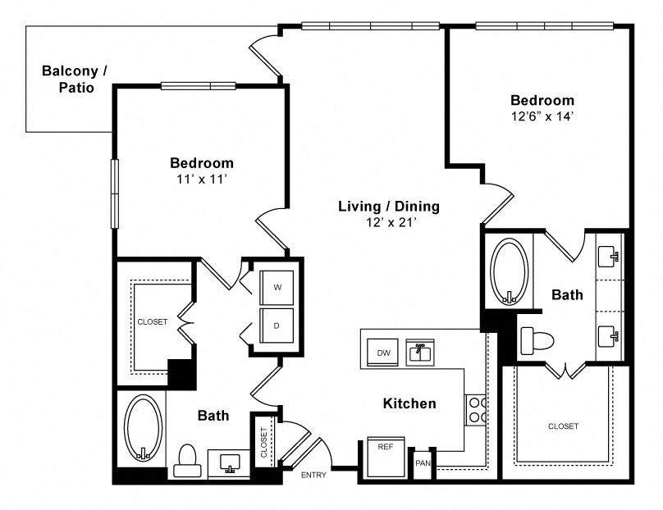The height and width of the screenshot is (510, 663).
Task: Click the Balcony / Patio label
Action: point(75,79)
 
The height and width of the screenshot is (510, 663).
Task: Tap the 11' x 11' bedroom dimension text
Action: point(202,179)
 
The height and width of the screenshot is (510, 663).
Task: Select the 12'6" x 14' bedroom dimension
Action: point(542,116)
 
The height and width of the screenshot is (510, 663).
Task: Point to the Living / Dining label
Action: point(389,206)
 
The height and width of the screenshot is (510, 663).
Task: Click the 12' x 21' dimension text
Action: point(391,222)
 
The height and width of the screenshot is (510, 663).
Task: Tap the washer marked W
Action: point(277,287)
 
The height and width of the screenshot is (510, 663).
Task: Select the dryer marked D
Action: point(277,326)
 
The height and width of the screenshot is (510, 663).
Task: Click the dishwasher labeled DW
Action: point(382,353)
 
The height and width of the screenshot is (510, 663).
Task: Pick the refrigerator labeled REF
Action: point(386,458)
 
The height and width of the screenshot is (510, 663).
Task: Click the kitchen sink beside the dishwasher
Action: point(420,353)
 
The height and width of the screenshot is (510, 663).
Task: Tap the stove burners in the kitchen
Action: point(476,410)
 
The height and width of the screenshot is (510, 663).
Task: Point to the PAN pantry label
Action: point(423,463)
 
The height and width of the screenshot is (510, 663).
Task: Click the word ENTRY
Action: point(313,475)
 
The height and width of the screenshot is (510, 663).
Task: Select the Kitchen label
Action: point(409,403)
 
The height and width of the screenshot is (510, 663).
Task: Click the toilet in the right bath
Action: point(537,340)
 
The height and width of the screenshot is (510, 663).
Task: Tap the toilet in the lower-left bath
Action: point(187,461)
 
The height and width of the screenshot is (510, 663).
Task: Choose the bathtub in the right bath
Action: point(509,271)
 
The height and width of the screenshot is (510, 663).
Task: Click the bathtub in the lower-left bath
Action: point(144,428)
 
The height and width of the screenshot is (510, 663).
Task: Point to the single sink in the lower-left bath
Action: point(230,464)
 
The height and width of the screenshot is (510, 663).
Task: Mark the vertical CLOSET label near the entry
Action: point(264,443)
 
